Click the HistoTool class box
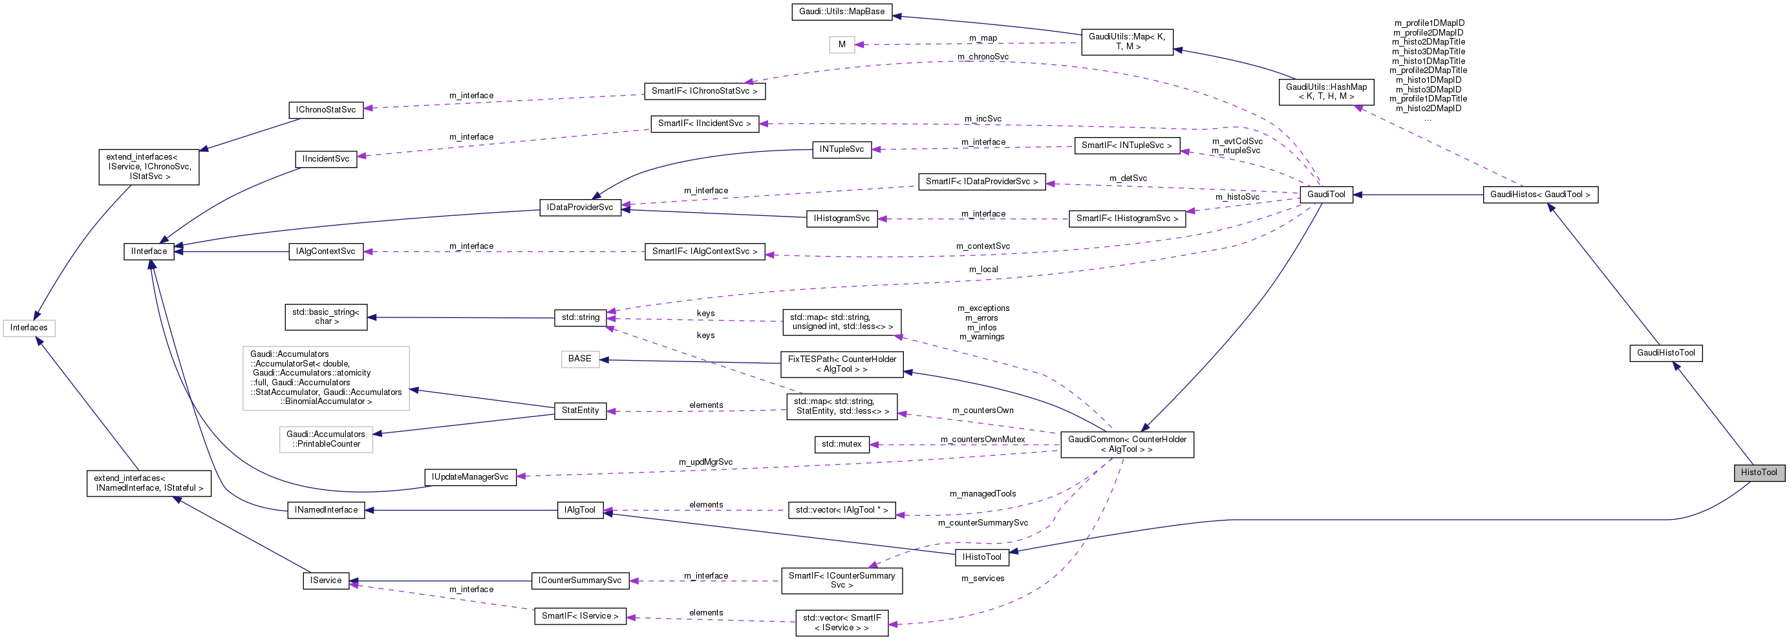coord(1759,472)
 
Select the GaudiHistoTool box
coord(1666,352)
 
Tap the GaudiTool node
coord(1326,195)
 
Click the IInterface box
coord(149,251)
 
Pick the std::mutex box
coord(841,444)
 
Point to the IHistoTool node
coord(981,557)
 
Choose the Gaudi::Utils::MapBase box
coord(842,12)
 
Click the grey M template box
coord(842,45)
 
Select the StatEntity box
coord(580,411)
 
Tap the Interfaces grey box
coord(28,328)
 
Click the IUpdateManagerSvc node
coord(470,477)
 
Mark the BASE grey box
coord(580,359)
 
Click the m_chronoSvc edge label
coord(983,57)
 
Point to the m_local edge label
coord(983,270)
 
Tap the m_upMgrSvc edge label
coord(705,462)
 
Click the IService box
coord(326,581)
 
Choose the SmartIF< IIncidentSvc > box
coord(704,123)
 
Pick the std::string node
coord(580,317)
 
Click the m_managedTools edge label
coord(982,493)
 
